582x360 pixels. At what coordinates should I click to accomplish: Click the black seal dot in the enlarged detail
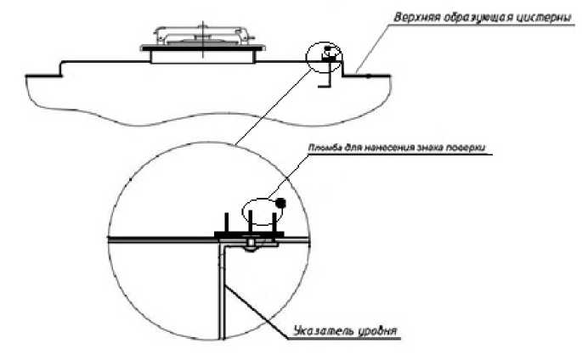click(280, 202)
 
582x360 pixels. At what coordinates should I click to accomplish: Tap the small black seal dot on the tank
click(326, 48)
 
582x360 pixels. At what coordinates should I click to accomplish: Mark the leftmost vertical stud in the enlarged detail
click(225, 222)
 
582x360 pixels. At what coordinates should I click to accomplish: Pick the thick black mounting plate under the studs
click(249, 234)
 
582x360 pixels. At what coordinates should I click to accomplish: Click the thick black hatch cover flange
click(203, 48)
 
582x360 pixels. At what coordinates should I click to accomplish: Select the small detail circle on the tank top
click(307, 58)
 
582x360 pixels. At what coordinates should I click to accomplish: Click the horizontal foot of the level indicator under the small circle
click(325, 87)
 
